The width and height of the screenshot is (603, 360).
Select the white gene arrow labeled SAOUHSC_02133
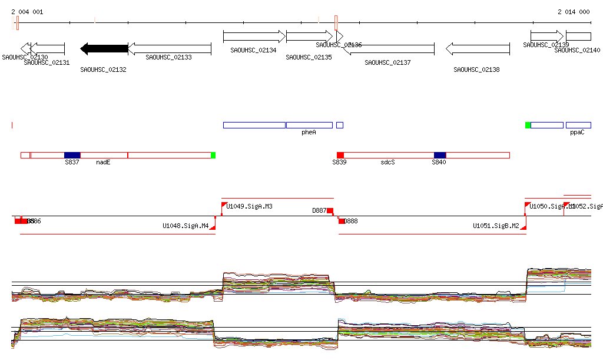click(169, 49)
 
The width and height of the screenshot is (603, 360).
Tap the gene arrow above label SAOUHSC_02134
click(254, 37)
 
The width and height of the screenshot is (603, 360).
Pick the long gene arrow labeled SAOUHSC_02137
click(389, 49)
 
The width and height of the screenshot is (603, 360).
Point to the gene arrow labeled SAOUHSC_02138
click(477, 49)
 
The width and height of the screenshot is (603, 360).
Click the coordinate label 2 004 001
click(27, 12)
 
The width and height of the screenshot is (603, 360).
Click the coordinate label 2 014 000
click(574, 12)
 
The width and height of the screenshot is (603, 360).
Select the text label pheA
click(309, 133)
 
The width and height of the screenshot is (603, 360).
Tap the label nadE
click(103, 162)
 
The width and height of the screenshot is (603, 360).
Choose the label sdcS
click(387, 162)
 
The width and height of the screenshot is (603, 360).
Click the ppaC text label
click(577, 133)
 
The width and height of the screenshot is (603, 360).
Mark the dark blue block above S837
click(72, 155)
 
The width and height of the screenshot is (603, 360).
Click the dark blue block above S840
click(440, 155)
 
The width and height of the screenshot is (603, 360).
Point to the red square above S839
click(340, 155)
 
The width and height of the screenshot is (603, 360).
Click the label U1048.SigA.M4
click(185, 226)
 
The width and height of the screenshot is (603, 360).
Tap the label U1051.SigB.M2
click(496, 226)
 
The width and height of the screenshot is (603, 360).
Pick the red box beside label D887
click(330, 211)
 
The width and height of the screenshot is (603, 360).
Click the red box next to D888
click(342, 221)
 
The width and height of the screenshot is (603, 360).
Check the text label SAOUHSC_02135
click(309, 57)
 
